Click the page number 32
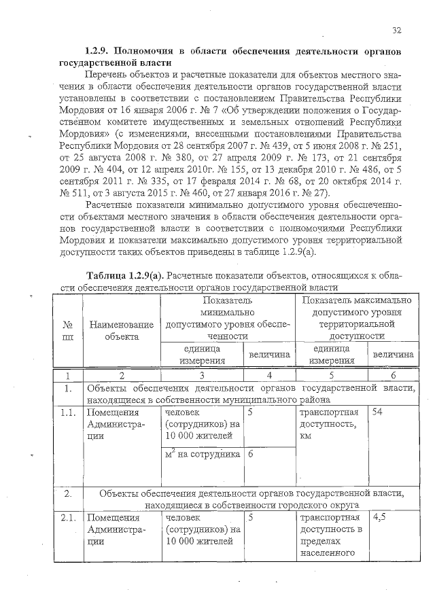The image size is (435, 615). [398, 30]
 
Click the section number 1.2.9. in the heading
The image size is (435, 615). [97, 51]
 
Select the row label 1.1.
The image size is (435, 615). [67, 412]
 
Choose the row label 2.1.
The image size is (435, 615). [67, 517]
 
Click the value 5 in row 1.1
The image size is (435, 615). [251, 412]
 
